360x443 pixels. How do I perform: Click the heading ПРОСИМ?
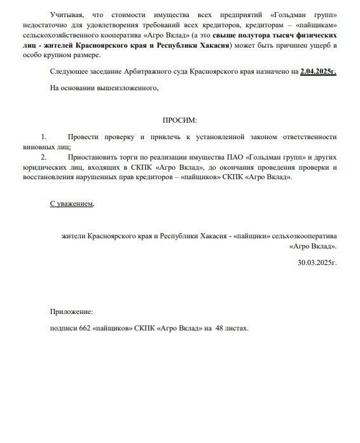[x=180, y=119]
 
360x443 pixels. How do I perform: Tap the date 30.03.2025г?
[x=317, y=261]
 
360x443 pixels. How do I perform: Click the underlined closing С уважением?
[x=72, y=203]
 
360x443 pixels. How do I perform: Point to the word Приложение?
[x=71, y=311]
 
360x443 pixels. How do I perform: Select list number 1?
[x=44, y=137]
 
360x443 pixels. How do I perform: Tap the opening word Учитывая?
[x=66, y=14]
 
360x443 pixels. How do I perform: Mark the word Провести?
[x=83, y=137]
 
